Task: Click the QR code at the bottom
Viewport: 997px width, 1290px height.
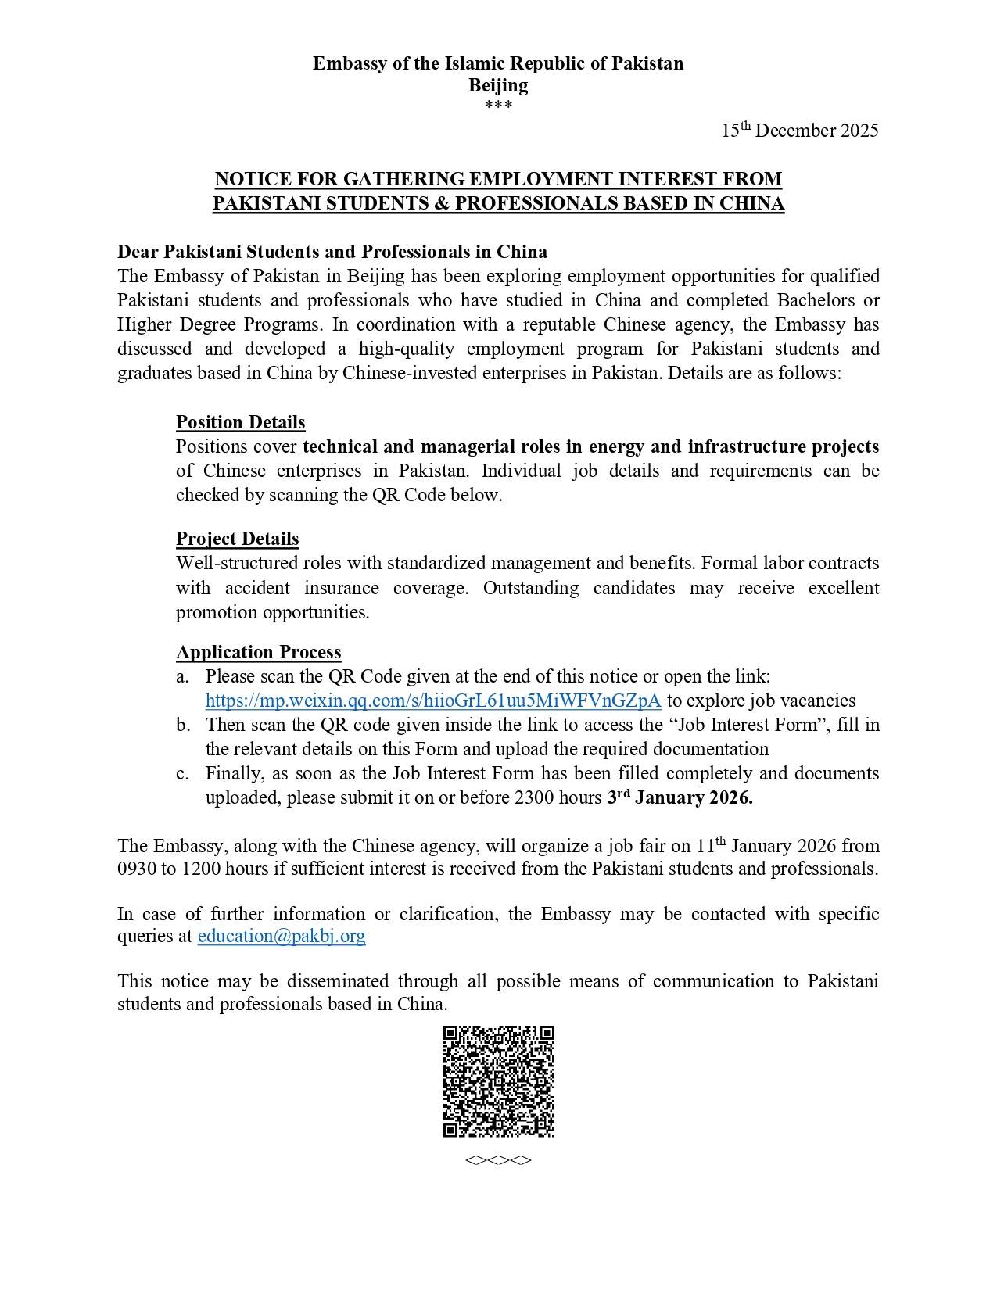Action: coord(498,1081)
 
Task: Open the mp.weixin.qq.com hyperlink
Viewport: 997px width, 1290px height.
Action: coord(433,701)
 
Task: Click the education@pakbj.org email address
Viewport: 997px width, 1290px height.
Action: coord(282,936)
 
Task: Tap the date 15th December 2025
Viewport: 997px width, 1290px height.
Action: coord(799,130)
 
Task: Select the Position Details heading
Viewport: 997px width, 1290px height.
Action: coord(240,422)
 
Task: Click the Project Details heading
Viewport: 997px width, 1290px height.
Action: coord(237,539)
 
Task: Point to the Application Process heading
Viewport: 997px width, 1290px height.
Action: coord(258,652)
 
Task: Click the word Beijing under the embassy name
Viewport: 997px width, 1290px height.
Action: coord(498,84)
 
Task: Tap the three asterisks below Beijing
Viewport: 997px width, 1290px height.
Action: coord(498,105)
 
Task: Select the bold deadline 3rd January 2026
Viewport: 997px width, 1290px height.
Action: coord(680,797)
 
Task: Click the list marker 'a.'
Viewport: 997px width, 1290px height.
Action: coord(182,676)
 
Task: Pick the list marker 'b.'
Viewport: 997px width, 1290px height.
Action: coord(183,725)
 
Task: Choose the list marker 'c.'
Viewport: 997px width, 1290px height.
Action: coord(182,773)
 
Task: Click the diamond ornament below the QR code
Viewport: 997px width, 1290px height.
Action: coord(498,1160)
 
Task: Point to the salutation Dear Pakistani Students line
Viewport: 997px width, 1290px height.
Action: coord(332,252)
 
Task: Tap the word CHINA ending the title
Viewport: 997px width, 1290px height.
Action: coord(751,203)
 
